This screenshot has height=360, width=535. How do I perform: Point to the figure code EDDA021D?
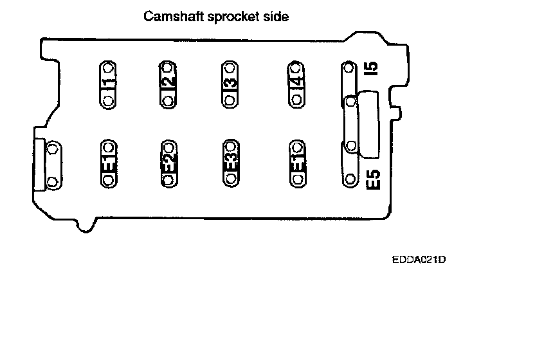click(x=418, y=260)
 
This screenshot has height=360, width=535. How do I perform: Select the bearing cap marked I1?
click(x=108, y=84)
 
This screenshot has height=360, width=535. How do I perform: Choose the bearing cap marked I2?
click(x=167, y=84)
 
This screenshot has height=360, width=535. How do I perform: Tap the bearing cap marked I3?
click(x=229, y=84)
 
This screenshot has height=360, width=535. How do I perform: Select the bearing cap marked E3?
click(x=230, y=163)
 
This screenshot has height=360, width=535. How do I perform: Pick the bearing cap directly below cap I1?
click(x=108, y=163)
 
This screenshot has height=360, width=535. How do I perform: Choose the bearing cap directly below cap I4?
click(x=296, y=163)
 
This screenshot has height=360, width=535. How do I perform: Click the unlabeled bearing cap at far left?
click(x=53, y=166)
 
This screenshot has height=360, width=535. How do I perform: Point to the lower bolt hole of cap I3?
click(x=229, y=100)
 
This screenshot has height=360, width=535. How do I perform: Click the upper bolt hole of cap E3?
click(x=230, y=145)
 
